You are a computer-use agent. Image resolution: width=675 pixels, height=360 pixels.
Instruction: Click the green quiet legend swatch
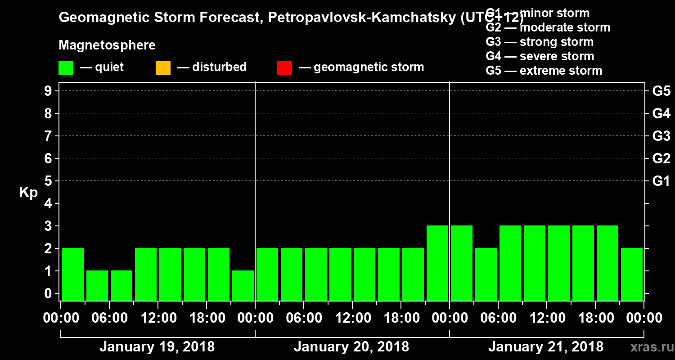(66, 68)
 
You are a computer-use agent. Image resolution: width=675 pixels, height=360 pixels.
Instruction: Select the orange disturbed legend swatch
(163, 68)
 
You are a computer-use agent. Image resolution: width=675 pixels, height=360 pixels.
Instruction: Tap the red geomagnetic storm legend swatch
(284, 68)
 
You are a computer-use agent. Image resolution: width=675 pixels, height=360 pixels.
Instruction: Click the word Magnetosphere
(107, 45)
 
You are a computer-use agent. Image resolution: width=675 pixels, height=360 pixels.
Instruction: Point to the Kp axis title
(28, 193)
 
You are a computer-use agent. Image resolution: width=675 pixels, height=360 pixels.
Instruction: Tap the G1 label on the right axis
(661, 181)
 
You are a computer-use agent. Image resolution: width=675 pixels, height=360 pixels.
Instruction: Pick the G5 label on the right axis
(661, 91)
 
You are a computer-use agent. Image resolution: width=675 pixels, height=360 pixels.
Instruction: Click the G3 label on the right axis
(661, 136)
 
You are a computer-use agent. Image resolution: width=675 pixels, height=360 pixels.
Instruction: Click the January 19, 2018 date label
(157, 347)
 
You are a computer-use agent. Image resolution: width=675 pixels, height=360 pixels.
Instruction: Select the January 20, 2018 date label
(351, 347)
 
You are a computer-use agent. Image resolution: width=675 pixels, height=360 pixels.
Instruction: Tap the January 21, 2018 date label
(545, 347)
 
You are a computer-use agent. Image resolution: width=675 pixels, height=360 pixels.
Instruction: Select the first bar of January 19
(73, 274)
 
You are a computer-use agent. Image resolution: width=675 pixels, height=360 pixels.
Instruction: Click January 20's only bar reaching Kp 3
(437, 262)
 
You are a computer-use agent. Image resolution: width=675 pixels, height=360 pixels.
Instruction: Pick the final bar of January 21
(632, 274)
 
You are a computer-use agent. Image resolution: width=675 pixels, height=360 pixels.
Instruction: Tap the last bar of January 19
(243, 285)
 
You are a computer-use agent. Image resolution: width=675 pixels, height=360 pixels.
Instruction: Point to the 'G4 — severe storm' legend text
(540, 57)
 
